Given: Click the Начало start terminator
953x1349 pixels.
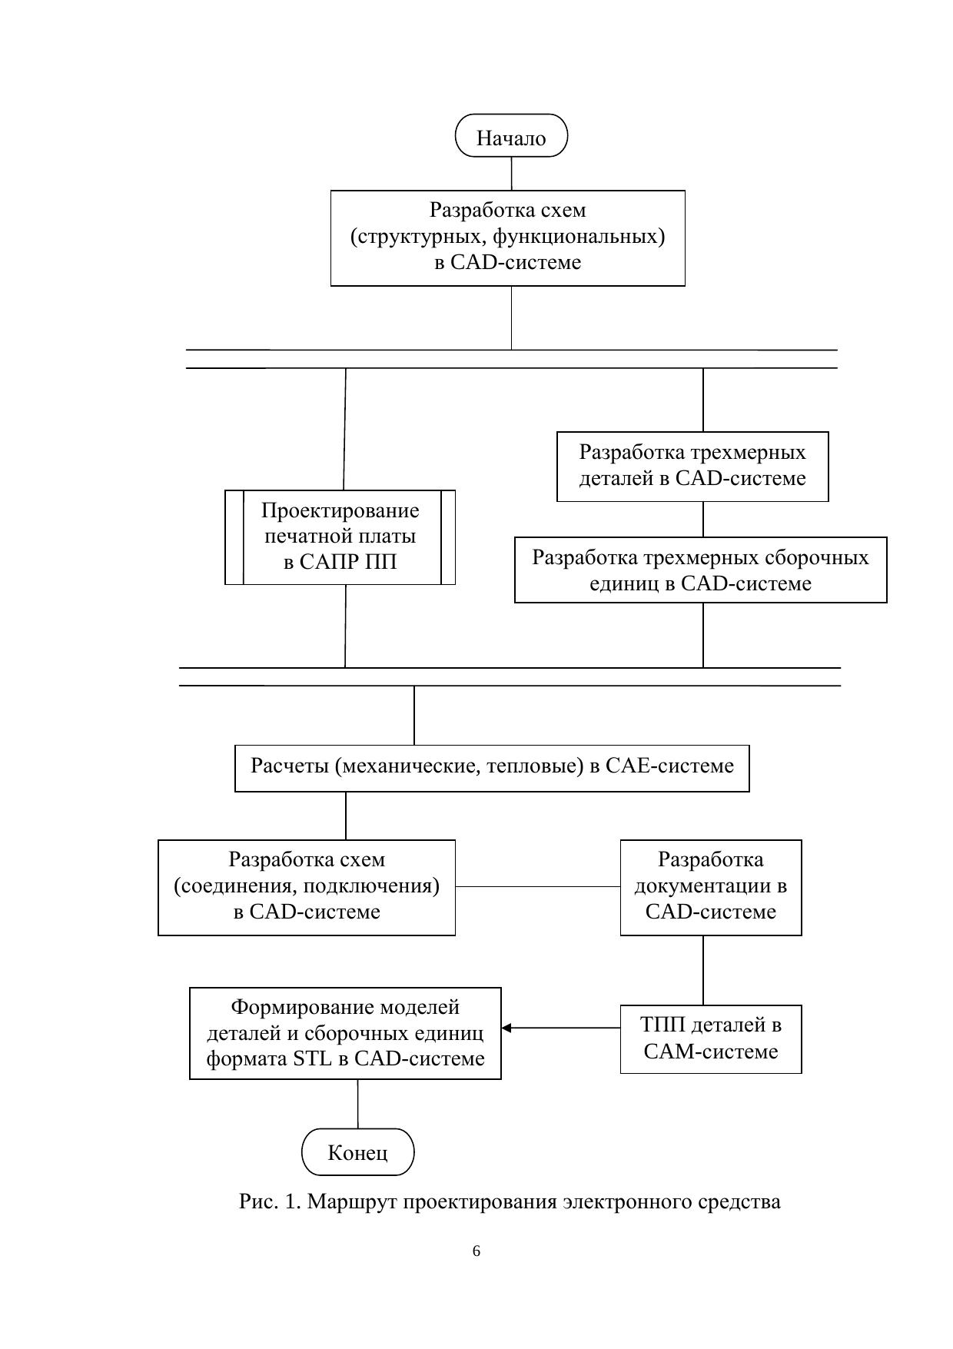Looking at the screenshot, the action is point(511,136).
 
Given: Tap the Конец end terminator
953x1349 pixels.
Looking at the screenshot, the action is point(357,1151).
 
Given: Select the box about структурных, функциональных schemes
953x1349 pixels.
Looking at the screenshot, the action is point(507,238).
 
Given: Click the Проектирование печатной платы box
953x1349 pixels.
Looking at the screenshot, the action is point(340,537).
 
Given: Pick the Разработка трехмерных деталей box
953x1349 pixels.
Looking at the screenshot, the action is point(692,467).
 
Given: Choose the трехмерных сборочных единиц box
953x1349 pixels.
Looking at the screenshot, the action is point(700,570).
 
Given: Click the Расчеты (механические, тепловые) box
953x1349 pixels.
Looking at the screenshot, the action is point(492,767).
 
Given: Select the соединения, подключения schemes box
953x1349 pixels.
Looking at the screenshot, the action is point(307,887).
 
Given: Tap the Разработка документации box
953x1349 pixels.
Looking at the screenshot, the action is point(711,887).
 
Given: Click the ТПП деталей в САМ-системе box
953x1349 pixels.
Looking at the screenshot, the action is point(711,1038).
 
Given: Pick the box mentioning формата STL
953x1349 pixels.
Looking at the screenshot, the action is point(345,1033).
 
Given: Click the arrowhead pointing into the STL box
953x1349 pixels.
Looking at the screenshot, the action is point(506,1028).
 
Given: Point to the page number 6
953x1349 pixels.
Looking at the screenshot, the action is point(476,1251).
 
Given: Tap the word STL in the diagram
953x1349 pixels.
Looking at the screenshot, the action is point(310,1058).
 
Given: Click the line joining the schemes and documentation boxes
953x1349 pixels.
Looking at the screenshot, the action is point(538,886).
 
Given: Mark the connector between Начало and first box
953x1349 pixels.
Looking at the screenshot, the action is point(512,174).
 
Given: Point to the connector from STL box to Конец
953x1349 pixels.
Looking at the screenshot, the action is point(357,1104).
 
